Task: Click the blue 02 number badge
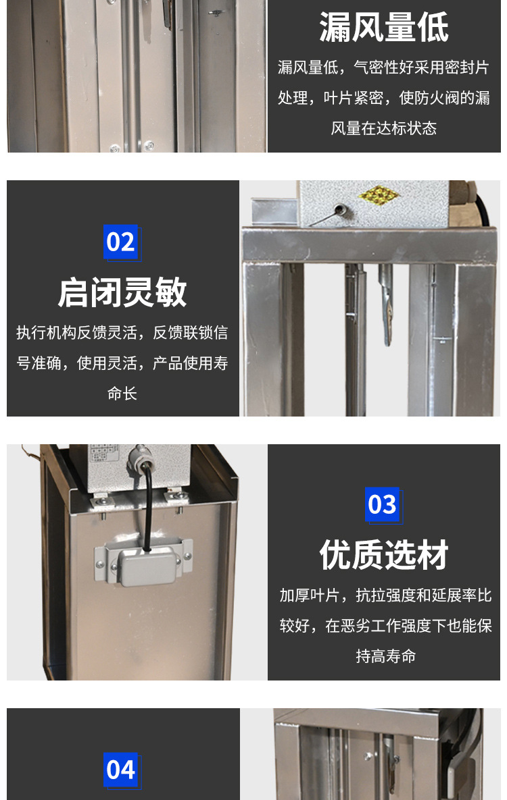(x=121, y=241)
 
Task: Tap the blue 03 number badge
(x=382, y=504)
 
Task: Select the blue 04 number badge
(x=121, y=770)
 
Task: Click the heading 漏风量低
(x=384, y=28)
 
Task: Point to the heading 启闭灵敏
(x=122, y=293)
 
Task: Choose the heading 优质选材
(x=384, y=556)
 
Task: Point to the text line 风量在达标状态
(x=384, y=128)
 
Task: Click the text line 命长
(x=122, y=394)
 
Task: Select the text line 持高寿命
(x=384, y=656)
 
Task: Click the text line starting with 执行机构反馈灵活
(x=122, y=332)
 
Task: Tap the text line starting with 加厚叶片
(x=384, y=595)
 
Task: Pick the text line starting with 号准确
(x=122, y=363)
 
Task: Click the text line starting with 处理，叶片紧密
(x=384, y=98)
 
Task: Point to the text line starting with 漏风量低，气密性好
(x=384, y=68)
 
